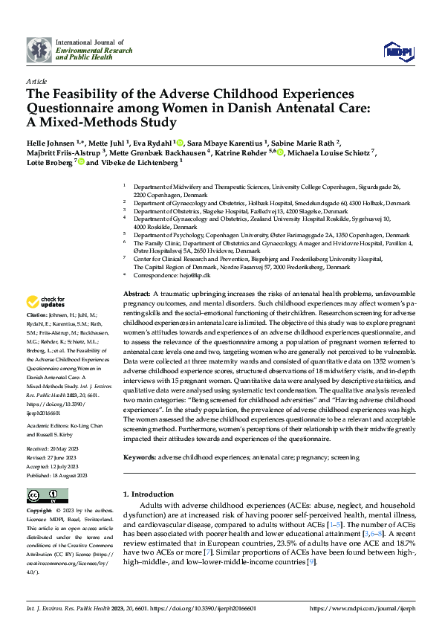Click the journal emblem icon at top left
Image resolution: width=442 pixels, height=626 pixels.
coord(39,50)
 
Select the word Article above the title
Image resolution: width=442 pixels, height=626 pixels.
coord(36,81)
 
